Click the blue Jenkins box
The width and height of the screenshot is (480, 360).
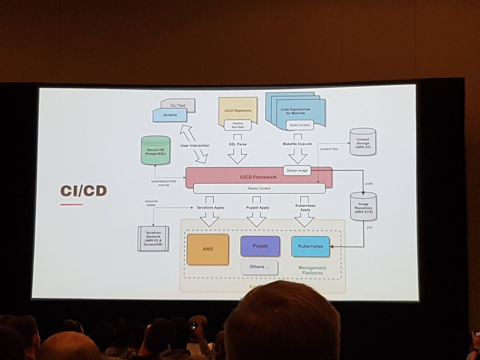click(x=170, y=115)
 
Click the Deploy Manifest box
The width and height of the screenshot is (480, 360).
click(x=238, y=125)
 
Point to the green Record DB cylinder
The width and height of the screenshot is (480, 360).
click(x=155, y=150)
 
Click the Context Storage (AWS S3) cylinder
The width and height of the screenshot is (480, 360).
click(x=362, y=142)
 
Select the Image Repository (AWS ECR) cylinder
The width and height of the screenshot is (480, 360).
click(x=363, y=206)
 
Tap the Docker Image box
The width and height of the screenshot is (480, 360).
click(x=298, y=170)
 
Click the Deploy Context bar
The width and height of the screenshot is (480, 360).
click(x=259, y=188)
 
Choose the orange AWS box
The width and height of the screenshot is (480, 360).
click(x=208, y=249)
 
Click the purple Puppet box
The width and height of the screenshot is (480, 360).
click(x=260, y=246)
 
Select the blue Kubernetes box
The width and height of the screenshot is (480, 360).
click(x=310, y=246)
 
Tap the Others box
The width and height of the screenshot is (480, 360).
click(x=259, y=267)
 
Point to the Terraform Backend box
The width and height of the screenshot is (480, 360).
click(x=153, y=238)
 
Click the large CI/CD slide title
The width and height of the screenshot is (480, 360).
click(x=84, y=191)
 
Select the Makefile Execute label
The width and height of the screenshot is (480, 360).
click(x=298, y=144)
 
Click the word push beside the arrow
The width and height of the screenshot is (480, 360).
click(x=368, y=184)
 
